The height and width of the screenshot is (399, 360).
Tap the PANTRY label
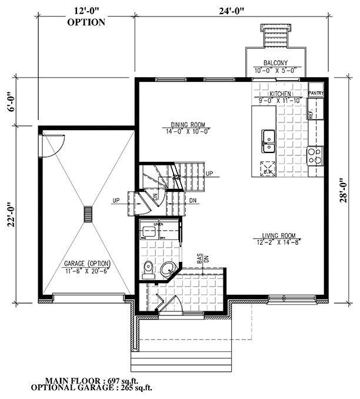tap(316, 93)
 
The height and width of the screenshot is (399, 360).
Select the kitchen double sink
tap(269, 137)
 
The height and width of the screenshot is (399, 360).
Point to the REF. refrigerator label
tap(311, 115)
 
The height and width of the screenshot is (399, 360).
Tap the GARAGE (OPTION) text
tap(88, 263)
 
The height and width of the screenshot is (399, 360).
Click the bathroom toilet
tap(148, 268)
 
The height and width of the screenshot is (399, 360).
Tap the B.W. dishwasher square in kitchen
tap(268, 167)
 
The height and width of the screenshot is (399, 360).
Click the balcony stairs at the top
tap(275, 39)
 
